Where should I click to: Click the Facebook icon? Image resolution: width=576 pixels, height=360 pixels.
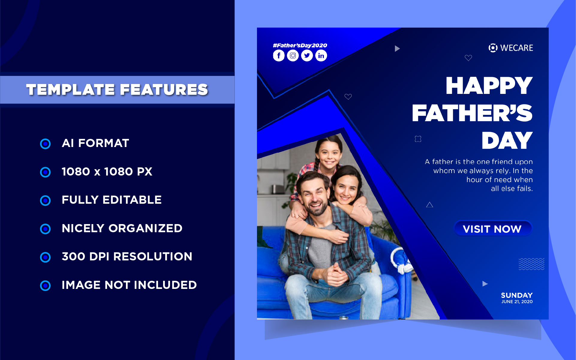click(x=279, y=55)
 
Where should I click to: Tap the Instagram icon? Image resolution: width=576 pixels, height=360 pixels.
click(x=293, y=55)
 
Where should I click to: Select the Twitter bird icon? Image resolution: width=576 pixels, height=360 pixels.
click(x=307, y=55)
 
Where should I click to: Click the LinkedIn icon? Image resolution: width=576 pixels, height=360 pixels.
click(x=321, y=55)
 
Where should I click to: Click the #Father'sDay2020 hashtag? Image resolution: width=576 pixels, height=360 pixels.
click(x=300, y=46)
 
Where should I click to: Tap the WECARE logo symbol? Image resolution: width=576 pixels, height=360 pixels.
click(x=493, y=48)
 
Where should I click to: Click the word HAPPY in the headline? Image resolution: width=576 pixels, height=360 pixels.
click(x=489, y=86)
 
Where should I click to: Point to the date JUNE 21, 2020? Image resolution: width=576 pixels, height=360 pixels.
click(x=517, y=302)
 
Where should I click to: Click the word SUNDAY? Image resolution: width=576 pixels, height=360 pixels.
click(x=517, y=295)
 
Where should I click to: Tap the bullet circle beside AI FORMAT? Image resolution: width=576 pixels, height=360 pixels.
click(x=45, y=144)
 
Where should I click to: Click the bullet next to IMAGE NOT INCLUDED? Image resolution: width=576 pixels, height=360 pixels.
click(x=45, y=286)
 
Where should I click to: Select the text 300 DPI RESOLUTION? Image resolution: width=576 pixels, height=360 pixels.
click(x=127, y=257)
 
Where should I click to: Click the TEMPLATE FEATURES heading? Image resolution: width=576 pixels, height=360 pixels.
click(x=117, y=90)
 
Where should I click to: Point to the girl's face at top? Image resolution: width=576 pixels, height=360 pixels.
click(x=329, y=155)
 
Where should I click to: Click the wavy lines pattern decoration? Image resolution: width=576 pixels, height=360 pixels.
click(x=531, y=264)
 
